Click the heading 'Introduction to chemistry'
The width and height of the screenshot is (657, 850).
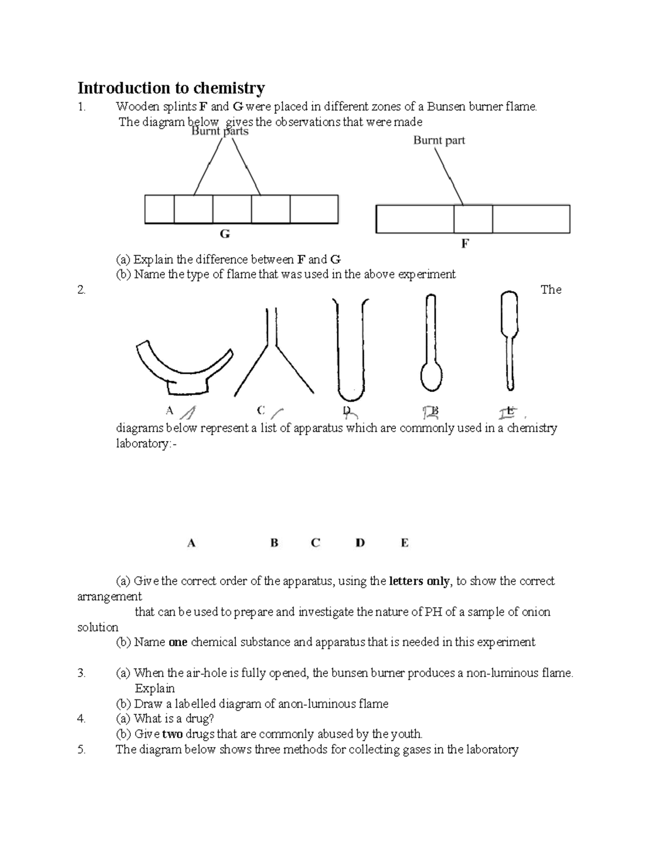point(171,88)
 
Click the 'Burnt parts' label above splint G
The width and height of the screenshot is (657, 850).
point(220,131)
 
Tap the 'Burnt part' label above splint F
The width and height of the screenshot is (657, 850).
point(439,140)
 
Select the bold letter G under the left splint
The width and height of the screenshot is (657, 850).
point(224,234)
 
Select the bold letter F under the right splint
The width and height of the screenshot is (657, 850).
point(465,244)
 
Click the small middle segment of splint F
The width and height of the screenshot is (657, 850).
point(473,219)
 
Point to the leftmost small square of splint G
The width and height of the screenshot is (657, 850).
point(159,209)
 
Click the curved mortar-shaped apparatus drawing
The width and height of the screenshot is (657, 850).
point(181,372)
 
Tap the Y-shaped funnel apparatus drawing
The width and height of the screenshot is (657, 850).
point(273,356)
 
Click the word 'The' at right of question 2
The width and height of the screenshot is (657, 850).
point(551,290)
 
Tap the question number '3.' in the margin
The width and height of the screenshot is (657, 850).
point(82,673)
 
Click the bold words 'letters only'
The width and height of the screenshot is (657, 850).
point(419,581)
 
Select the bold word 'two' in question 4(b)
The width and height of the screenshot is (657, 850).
point(172,734)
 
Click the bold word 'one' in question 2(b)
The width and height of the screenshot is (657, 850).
point(178,642)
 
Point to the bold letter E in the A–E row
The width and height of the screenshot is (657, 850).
point(404,543)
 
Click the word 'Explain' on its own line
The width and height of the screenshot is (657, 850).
point(154,689)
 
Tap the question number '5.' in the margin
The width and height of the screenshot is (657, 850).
point(82,750)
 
